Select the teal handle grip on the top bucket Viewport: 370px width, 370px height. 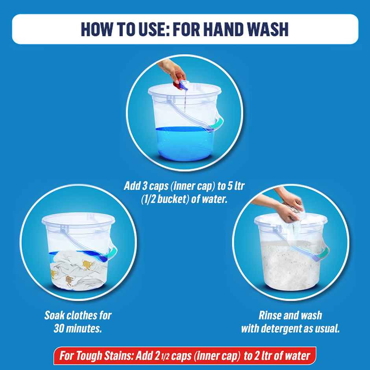point(218,124)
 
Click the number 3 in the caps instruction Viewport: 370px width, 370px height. point(144,186)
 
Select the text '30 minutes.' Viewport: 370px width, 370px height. point(78,328)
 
